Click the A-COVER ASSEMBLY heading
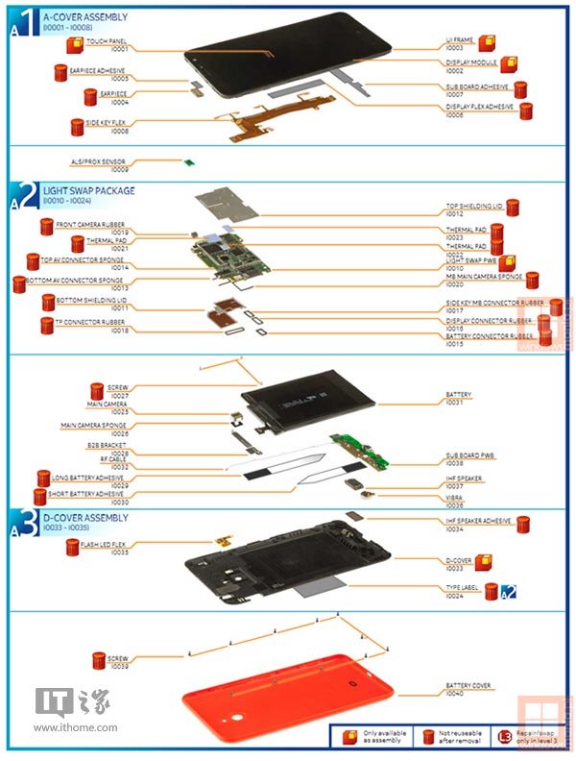pos(84,16)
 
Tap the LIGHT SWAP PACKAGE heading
pos(88,191)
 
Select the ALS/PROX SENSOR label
pos(99,162)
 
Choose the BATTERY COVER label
pos(468,686)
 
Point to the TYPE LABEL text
pos(462,586)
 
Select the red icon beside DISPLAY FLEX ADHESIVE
pos(526,110)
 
